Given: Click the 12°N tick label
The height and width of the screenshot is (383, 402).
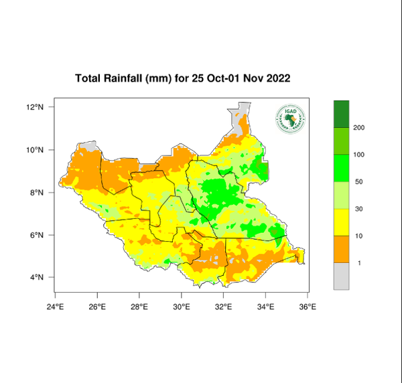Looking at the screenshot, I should click(x=36, y=107).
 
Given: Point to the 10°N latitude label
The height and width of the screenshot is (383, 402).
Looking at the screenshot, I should click(x=36, y=150).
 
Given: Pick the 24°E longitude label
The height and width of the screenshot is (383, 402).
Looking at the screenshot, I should click(x=55, y=307).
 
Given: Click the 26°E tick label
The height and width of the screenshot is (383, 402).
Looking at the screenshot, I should click(x=97, y=307).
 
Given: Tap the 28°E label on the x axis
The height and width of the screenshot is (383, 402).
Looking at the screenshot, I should click(x=139, y=307).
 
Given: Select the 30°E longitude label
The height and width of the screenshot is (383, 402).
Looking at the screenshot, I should click(x=182, y=307).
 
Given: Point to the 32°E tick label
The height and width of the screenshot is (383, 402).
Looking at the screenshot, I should click(x=224, y=307).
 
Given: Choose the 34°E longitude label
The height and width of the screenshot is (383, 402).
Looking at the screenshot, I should click(x=266, y=307).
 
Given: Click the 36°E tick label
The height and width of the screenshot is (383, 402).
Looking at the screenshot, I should click(x=308, y=307).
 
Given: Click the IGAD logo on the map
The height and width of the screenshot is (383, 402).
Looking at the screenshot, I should click(x=289, y=119).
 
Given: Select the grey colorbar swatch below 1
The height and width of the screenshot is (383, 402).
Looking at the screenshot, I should click(x=342, y=276).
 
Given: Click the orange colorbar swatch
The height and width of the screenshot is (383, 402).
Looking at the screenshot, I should click(x=342, y=249).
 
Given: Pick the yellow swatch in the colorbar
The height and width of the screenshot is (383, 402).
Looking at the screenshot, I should click(x=342, y=222).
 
